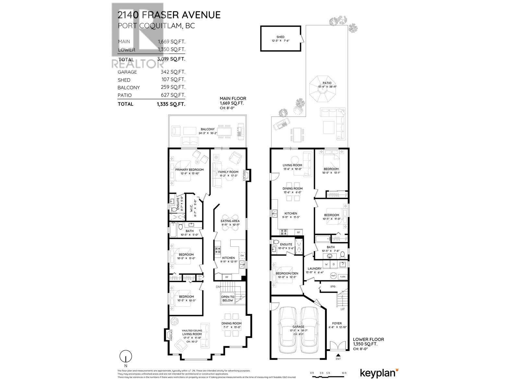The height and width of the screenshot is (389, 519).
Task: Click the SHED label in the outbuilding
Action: [280, 37]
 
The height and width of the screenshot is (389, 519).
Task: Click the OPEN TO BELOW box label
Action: [228, 299]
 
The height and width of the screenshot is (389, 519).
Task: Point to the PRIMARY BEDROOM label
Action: [189, 170]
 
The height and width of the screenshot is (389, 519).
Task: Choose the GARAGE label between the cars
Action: [298, 326]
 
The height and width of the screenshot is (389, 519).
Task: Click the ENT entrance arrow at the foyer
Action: [338, 356]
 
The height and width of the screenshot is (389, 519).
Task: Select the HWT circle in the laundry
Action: [333, 276]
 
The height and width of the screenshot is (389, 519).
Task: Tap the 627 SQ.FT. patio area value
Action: [176, 95]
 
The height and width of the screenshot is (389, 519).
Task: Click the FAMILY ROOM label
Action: [228, 172]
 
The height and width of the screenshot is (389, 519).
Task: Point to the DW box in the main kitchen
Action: [242, 256]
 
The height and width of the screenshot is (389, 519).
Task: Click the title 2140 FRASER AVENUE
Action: [169, 15]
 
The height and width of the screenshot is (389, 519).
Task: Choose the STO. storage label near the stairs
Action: [333, 287]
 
